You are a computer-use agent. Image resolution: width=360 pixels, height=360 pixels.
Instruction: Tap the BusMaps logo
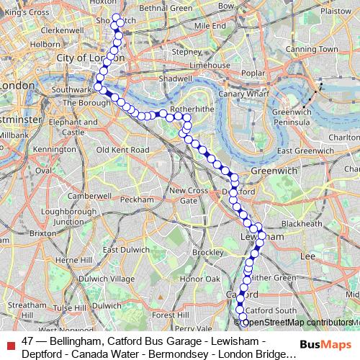(327, 344)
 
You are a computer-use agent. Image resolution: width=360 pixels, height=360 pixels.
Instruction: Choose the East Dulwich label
(120, 250)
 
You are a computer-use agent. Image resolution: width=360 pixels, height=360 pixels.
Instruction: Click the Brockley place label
(208, 253)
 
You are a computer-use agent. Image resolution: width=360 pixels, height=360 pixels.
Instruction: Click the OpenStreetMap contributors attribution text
(302, 322)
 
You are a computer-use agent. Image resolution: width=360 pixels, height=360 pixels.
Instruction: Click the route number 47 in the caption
(28, 341)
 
